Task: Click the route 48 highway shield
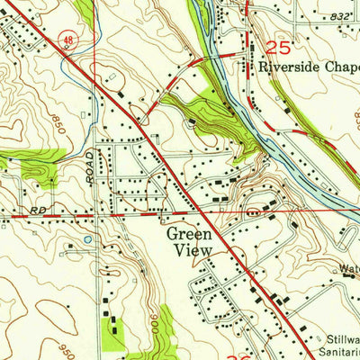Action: coord(68,40)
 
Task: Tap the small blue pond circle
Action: coord(87,239)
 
